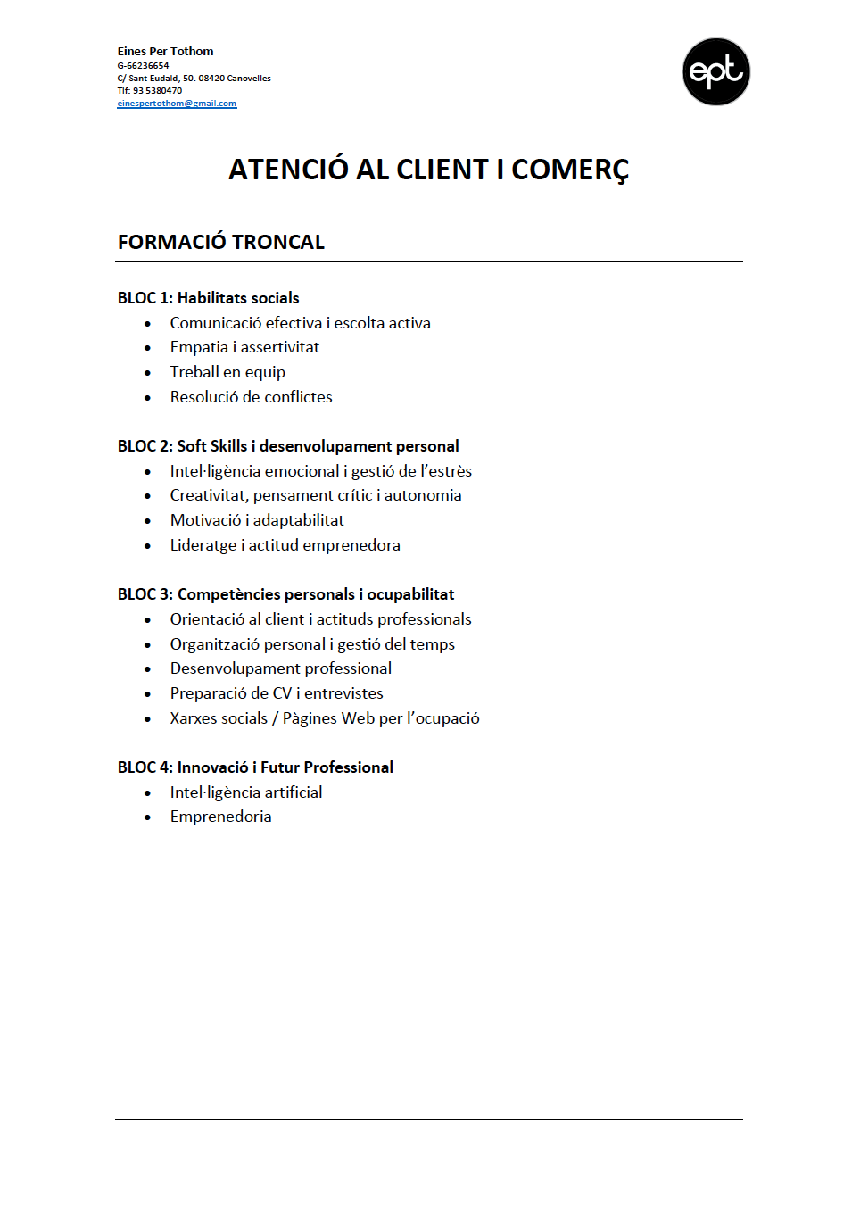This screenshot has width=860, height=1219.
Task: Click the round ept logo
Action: click(715, 71)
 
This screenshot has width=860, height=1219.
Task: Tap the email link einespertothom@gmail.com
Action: click(177, 104)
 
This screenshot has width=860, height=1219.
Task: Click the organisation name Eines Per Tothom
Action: click(165, 51)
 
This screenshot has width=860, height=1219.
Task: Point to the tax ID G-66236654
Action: click(143, 65)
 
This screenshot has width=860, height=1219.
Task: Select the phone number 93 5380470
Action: click(157, 90)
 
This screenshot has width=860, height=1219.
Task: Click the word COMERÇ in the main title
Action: click(570, 170)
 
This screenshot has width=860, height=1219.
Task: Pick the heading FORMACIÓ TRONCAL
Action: click(220, 242)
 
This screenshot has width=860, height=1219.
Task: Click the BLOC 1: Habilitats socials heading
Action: click(208, 298)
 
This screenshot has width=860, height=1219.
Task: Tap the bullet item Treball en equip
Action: click(227, 372)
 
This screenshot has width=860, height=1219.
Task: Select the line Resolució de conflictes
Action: click(251, 397)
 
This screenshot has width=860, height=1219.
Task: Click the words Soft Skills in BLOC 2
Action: click(211, 446)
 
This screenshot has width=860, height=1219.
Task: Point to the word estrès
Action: click(450, 471)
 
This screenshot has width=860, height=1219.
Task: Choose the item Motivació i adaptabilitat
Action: click(257, 520)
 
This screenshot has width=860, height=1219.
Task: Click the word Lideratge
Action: click(203, 545)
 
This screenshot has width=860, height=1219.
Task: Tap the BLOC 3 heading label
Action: click(145, 594)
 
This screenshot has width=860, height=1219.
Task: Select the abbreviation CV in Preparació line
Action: click(282, 693)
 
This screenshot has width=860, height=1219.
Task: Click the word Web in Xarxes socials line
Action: click(358, 718)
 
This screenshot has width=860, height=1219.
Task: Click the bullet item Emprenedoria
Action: click(220, 817)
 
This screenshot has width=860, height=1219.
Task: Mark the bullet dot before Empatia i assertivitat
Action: click(148, 348)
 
